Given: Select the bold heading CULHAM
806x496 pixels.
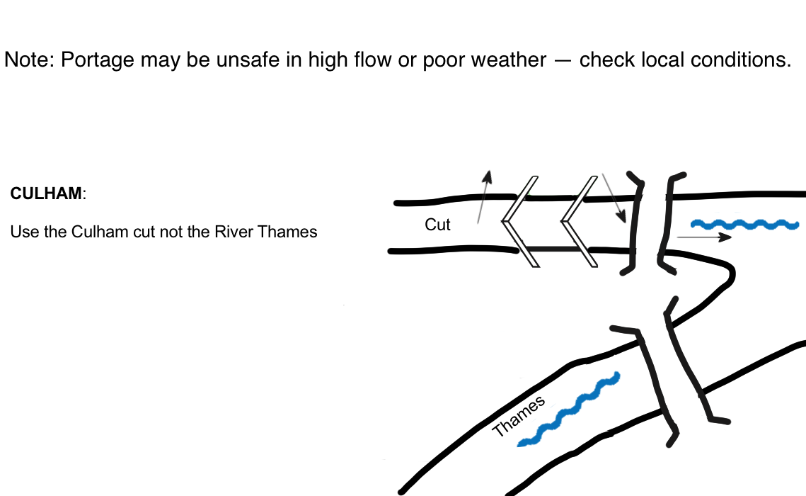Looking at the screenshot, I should [46, 193].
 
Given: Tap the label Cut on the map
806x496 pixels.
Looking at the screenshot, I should [437, 225].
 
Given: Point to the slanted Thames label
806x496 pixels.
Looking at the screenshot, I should [519, 416].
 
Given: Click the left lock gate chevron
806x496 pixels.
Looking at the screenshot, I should [522, 220].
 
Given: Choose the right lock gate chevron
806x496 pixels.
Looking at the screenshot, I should [580, 220].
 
